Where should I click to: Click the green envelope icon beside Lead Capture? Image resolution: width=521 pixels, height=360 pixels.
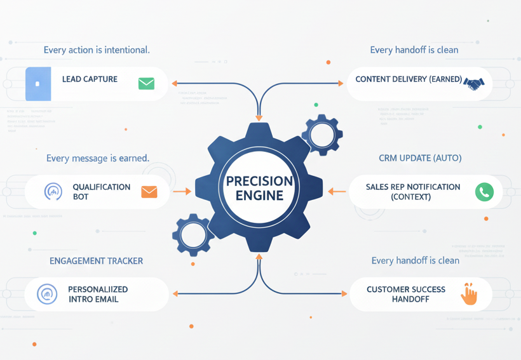point(146,83)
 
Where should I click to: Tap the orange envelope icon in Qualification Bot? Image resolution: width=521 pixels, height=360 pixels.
point(149,192)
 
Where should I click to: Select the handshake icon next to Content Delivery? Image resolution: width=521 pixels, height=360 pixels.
point(473,83)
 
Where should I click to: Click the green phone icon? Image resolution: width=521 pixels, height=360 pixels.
point(484,192)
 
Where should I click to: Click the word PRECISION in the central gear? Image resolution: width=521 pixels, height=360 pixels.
point(260,181)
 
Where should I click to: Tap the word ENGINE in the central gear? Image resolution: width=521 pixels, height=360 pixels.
point(259,196)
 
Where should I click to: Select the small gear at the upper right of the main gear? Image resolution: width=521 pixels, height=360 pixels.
point(322,135)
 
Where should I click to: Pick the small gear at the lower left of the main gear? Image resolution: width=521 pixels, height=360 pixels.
point(193,235)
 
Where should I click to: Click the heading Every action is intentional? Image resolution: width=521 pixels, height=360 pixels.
point(97,50)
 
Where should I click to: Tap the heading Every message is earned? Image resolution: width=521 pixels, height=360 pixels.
point(98,157)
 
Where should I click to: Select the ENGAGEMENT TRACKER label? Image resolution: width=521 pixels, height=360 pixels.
point(96,261)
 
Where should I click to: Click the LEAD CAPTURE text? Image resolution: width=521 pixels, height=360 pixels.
point(90,79)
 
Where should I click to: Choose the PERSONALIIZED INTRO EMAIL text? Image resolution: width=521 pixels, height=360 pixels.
point(98,294)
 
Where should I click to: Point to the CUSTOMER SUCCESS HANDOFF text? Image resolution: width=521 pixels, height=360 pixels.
point(406,295)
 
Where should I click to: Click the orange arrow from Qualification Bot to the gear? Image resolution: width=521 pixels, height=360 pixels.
point(182,191)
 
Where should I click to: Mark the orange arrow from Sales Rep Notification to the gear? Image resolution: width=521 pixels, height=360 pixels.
point(336,191)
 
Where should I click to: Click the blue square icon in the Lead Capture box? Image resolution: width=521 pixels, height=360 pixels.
point(38,84)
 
